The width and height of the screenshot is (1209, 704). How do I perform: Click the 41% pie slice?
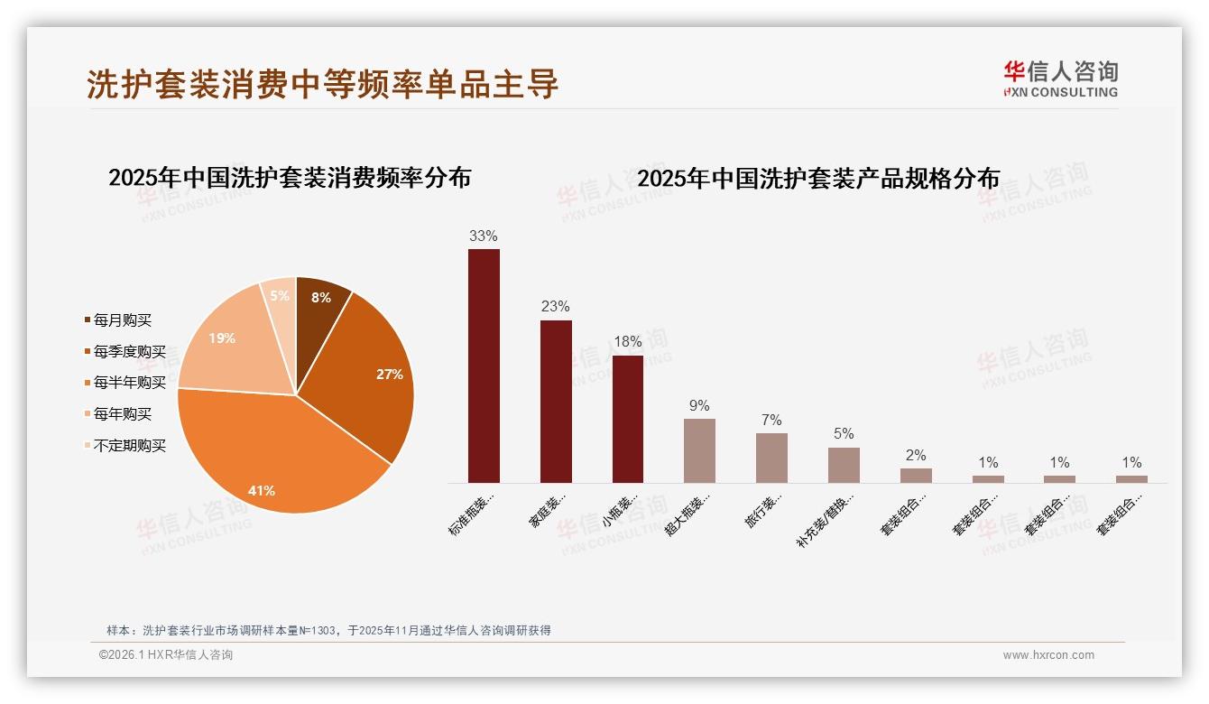coord(271,460)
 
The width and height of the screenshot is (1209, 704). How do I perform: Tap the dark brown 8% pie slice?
coord(319,301)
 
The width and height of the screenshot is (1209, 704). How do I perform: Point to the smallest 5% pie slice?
coord(281,297)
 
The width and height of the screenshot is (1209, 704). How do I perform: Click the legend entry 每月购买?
coord(122,320)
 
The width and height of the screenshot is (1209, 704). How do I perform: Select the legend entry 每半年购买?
coord(129,383)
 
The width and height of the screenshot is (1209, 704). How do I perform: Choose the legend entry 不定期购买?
coord(129,446)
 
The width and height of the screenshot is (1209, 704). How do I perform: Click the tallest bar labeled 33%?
coord(484,366)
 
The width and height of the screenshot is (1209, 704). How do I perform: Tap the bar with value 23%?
coord(556,402)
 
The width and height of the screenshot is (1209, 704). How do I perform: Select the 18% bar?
coord(628,419)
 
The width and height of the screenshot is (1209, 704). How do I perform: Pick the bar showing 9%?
coord(699,450)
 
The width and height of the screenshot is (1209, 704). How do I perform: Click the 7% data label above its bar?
coord(771,421)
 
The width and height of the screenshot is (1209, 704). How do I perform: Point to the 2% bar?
coord(916,476)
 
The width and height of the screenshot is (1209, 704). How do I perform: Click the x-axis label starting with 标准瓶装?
coord(472,514)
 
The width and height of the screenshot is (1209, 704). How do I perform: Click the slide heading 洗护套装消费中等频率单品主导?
coord(323,84)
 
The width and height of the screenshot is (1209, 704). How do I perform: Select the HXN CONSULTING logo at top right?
coord(1060,79)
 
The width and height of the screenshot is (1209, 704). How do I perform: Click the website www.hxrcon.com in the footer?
coord(1048,655)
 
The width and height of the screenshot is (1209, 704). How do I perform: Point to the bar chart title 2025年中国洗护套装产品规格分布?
coord(818,179)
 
